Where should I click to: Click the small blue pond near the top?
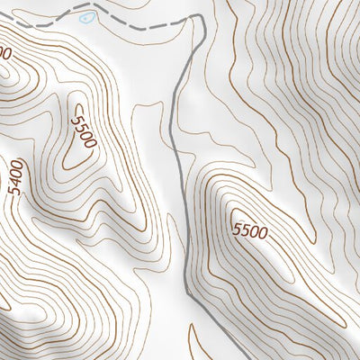coord(85,17)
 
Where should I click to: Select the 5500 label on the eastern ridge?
coord(249,231)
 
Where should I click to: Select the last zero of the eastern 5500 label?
coord(262,235)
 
